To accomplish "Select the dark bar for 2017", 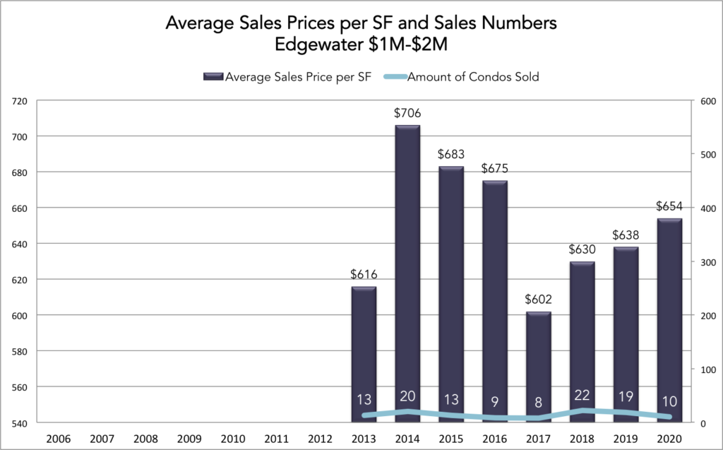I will [537, 367].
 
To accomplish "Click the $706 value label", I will [407, 112].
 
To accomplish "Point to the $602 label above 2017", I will [538, 299].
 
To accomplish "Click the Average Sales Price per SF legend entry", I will [290, 77].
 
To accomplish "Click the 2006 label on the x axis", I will [58, 438].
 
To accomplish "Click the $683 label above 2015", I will [451, 153].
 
